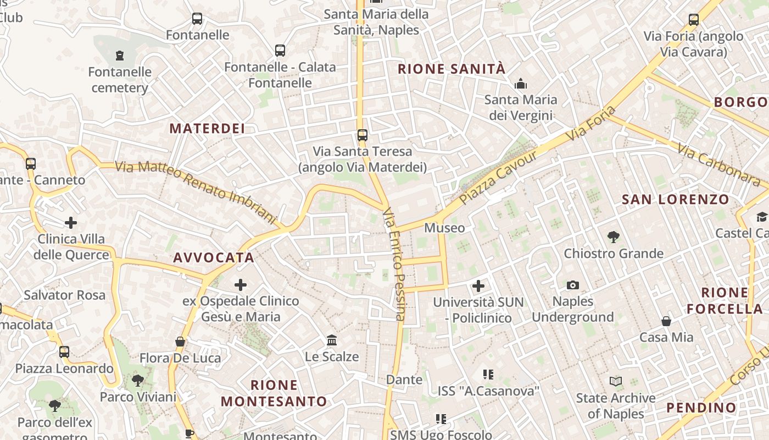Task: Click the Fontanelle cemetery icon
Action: coord(120,55)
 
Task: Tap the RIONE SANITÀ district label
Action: coord(451,69)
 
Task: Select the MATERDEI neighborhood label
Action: coord(207,129)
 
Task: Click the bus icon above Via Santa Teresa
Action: coord(362,135)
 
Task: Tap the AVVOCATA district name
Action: coord(214,257)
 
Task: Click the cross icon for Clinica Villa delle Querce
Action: coord(71,223)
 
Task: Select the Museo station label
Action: coord(444,228)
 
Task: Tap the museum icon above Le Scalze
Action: coord(332,340)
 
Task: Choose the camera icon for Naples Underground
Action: coord(573,285)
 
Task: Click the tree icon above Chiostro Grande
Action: coord(614,237)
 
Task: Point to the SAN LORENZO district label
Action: coord(675,199)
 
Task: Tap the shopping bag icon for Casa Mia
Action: coord(666,321)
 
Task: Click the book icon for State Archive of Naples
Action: coord(616,381)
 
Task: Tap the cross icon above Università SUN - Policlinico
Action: coord(478,286)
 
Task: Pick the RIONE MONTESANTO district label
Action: coord(274,393)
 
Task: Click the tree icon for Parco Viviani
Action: coord(138,380)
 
